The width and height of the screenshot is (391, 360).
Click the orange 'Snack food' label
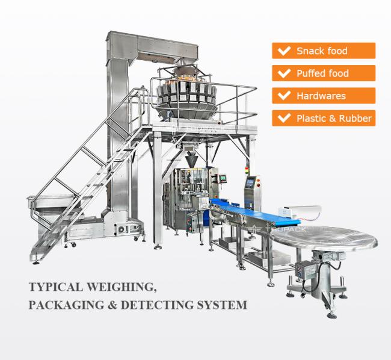tap(324, 51)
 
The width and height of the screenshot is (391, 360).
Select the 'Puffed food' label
tap(324, 73)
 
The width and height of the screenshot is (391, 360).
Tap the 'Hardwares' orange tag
tap(324, 96)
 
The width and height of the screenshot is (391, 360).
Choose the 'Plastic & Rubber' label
tap(324, 118)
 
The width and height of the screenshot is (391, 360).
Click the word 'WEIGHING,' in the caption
tap(127, 287)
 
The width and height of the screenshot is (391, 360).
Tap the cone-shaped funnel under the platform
tap(191, 160)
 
